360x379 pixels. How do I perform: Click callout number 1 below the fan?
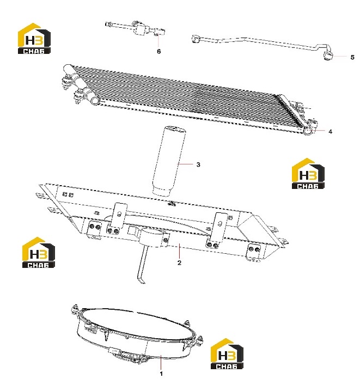[161, 374]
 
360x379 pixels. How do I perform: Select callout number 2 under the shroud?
[179, 262]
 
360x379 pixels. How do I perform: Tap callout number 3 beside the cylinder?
[198, 164]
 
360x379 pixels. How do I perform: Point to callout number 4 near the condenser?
[330, 131]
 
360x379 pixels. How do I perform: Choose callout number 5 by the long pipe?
[352, 57]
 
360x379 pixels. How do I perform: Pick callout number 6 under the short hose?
[158, 51]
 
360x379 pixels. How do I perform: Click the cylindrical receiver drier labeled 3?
[168, 161]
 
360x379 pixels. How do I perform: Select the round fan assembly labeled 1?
[137, 335]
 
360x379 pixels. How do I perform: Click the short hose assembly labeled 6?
[136, 29]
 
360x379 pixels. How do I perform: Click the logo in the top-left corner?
[34, 38]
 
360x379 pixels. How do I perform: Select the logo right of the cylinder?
[308, 173]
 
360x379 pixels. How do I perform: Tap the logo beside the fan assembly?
[227, 353]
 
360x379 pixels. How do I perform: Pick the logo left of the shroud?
[39, 252]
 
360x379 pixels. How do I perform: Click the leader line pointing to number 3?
[185, 164]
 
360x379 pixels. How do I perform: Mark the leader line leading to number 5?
[340, 56]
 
